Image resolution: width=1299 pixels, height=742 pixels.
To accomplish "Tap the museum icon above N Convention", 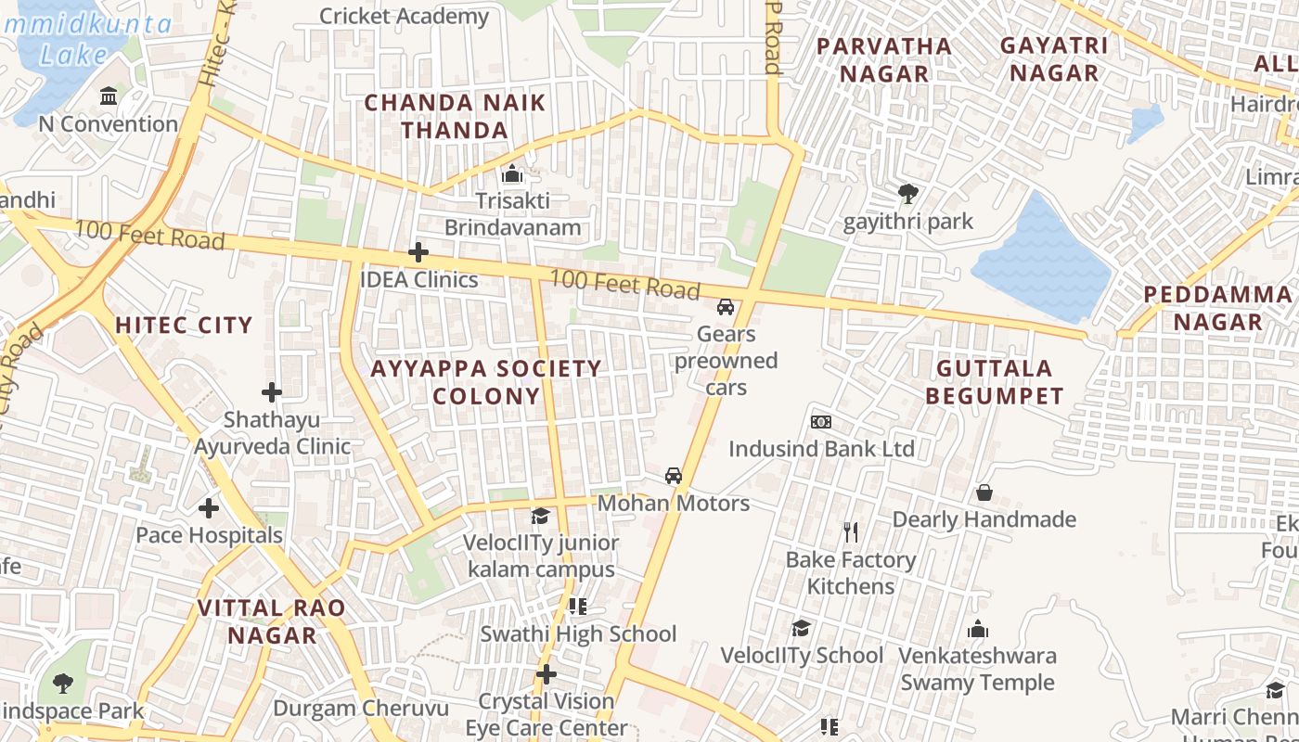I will [109, 96].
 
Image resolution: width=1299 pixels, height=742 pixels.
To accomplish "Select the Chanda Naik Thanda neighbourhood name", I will [455, 116].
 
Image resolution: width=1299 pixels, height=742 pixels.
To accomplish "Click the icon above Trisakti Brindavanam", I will [512, 174].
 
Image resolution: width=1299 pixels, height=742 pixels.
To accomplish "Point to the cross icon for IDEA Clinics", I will [418, 252].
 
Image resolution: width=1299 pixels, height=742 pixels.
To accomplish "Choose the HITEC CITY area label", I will [184, 326].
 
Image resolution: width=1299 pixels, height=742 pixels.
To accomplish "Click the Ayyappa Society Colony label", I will [486, 382].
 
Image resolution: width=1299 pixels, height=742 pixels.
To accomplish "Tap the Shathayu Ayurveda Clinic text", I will [272, 433].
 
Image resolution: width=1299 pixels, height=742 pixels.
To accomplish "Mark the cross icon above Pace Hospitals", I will [209, 508].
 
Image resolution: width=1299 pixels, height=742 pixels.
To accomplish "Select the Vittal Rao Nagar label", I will [272, 621].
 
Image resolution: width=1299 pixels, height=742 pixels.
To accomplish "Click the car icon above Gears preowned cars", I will [726, 307].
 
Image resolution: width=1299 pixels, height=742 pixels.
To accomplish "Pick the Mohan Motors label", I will [674, 504].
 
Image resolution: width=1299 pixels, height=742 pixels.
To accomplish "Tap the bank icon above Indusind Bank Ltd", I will [821, 422].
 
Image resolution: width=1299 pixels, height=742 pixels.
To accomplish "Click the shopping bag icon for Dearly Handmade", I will [984, 493].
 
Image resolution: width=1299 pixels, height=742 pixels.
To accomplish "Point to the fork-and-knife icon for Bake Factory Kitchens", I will [851, 532].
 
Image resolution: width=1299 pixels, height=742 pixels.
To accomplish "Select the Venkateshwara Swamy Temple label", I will [977, 669].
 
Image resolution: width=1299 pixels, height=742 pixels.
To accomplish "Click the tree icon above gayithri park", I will [908, 194].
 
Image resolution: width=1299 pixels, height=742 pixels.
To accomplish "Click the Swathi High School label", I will [578, 634].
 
